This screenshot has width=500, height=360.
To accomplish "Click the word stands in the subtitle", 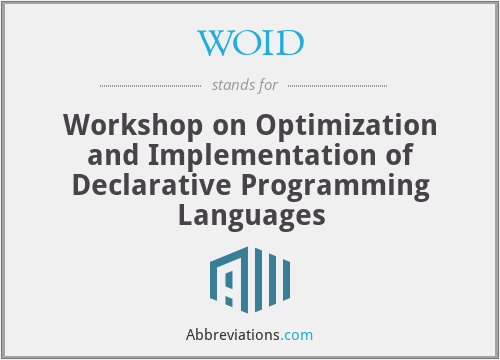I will click(x=233, y=84).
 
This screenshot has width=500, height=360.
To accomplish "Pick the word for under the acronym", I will click(x=267, y=84).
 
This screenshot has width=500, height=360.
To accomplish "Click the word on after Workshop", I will click(x=219, y=127).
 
